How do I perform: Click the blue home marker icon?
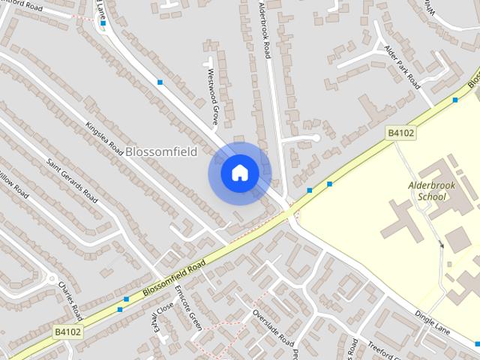click(x=240, y=173)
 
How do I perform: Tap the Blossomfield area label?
click(x=161, y=152)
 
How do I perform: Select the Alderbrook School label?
click(x=427, y=190)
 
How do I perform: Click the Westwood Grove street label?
click(x=213, y=97)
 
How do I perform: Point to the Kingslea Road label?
click(x=103, y=138)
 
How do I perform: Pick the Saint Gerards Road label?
click(x=72, y=180)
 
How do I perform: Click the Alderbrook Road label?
click(x=263, y=30)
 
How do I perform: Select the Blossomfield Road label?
click(x=173, y=277)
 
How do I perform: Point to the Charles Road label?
click(x=69, y=299)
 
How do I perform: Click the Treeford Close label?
click(x=387, y=349)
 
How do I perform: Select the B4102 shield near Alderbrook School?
click(x=401, y=133)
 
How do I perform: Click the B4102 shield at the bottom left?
click(x=67, y=331)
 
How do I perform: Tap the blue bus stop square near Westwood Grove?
click(x=160, y=82)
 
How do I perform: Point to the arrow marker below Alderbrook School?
click(x=442, y=244)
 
